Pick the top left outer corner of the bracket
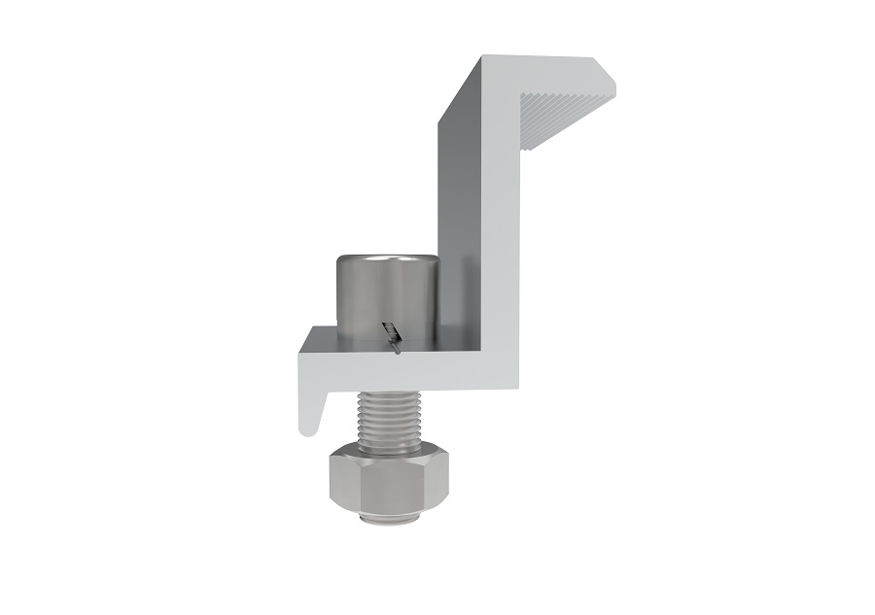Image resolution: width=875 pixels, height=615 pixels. coord(484,56)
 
